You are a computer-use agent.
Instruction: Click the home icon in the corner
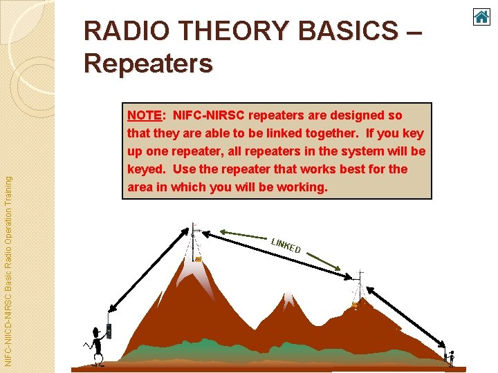pos(481,17)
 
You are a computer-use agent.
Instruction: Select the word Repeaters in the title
pos(148,64)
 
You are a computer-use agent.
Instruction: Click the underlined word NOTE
pos(144,115)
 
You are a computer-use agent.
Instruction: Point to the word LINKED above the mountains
pos(286,245)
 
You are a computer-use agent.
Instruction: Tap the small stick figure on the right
pos(451,356)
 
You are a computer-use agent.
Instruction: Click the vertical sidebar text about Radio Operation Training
pos(8,269)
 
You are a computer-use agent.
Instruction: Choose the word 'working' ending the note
pos(302,186)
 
